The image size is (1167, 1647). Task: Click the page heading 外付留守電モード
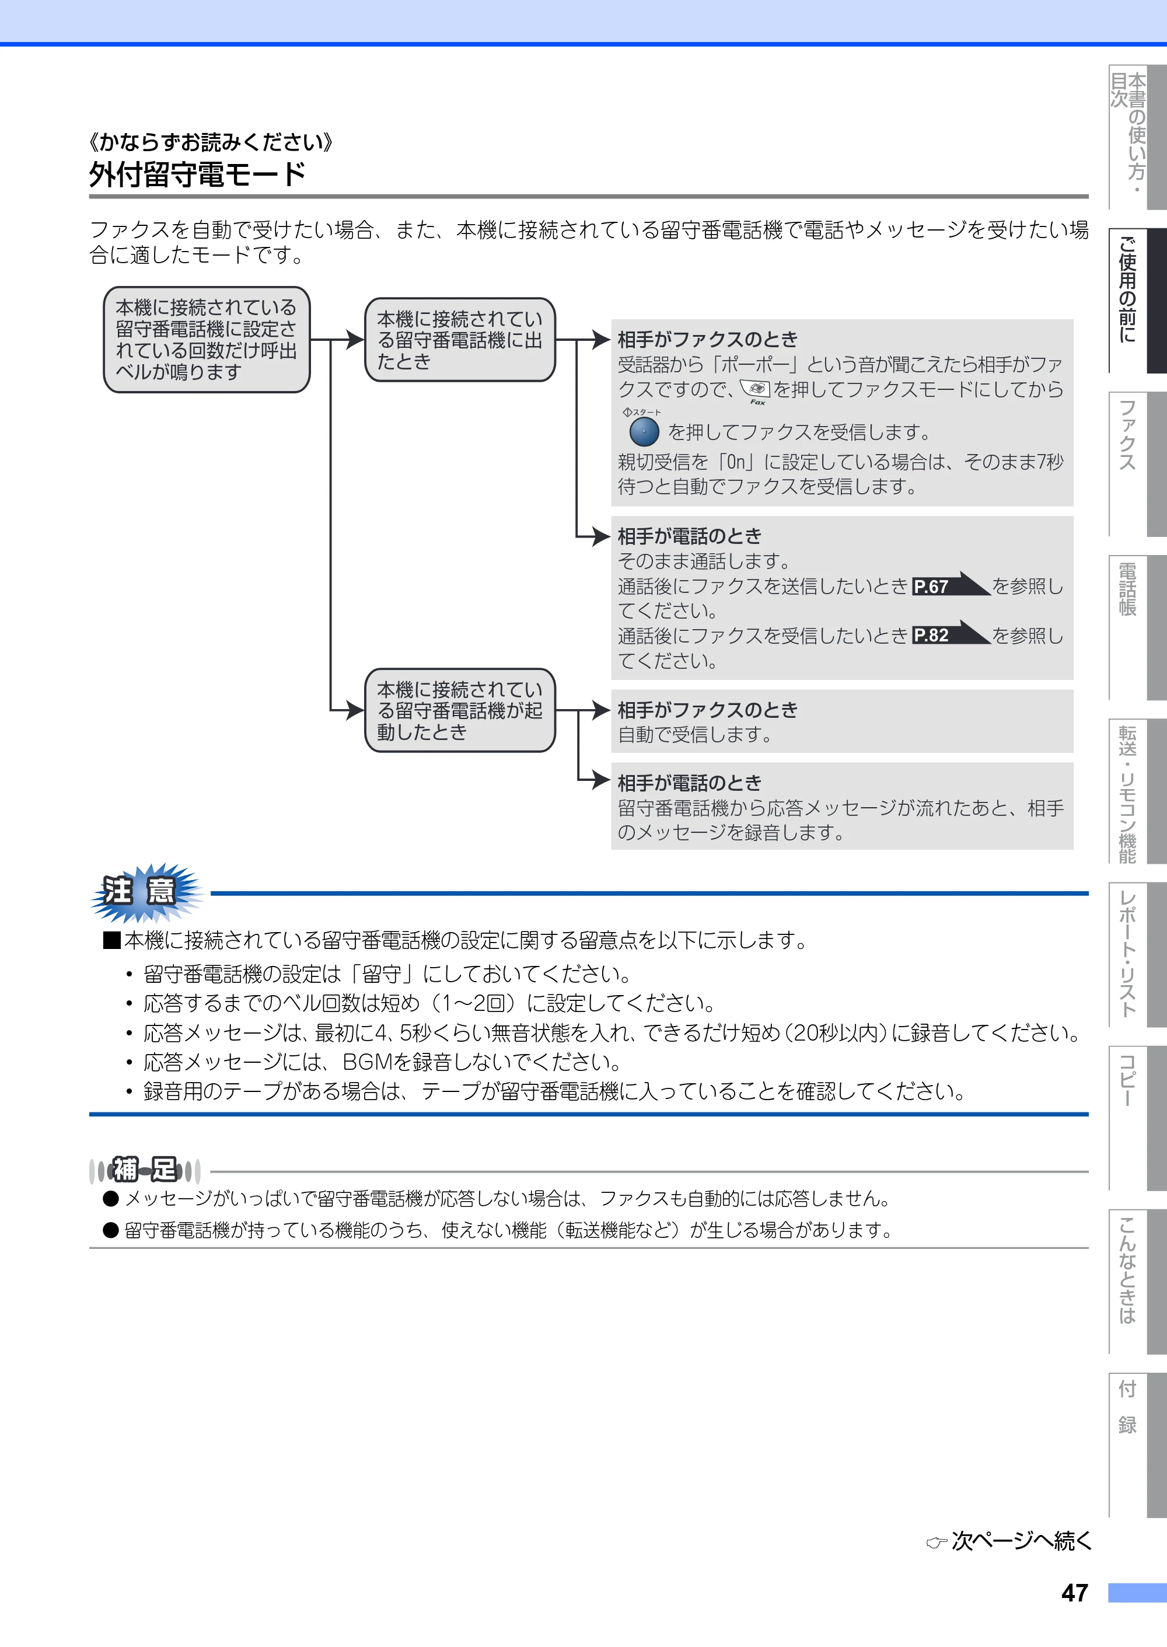click(198, 175)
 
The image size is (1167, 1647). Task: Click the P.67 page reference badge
click(951, 585)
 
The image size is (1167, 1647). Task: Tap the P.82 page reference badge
click(951, 634)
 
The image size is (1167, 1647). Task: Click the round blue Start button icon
click(644, 432)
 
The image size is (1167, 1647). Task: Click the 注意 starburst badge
click(145, 892)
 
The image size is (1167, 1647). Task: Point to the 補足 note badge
click(145, 1170)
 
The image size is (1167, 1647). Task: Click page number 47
click(1074, 1592)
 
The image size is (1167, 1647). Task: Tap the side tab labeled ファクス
click(1138, 463)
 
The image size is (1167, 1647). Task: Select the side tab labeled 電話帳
click(1138, 627)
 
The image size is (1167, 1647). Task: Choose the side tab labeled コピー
click(1138, 1118)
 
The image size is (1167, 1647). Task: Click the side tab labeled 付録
click(1138, 1445)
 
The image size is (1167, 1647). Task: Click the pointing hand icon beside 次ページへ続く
click(937, 1542)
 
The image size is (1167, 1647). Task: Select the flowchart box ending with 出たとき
click(460, 340)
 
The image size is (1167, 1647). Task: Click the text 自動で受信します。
click(695, 734)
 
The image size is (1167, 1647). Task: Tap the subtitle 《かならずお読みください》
click(210, 142)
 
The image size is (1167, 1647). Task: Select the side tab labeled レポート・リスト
click(1138, 955)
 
